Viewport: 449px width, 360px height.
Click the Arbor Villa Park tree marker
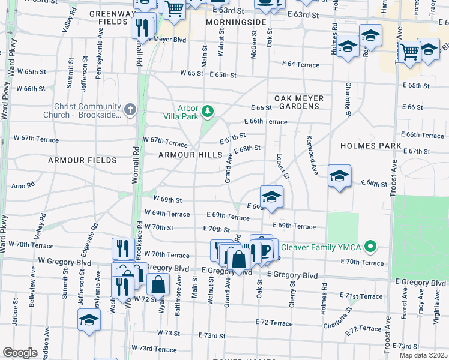(x=208, y=111)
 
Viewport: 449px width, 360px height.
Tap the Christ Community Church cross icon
(x=131, y=110)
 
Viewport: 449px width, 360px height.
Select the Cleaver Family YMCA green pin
(x=371, y=246)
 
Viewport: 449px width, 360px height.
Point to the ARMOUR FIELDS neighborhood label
(x=82, y=160)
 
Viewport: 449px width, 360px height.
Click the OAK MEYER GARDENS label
(x=299, y=102)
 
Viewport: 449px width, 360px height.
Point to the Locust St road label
(x=283, y=166)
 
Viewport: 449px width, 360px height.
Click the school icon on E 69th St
(x=271, y=196)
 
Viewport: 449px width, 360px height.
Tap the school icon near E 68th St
(x=339, y=175)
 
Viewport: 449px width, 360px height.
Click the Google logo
(x=20, y=353)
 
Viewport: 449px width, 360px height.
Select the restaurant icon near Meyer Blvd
(x=143, y=26)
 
